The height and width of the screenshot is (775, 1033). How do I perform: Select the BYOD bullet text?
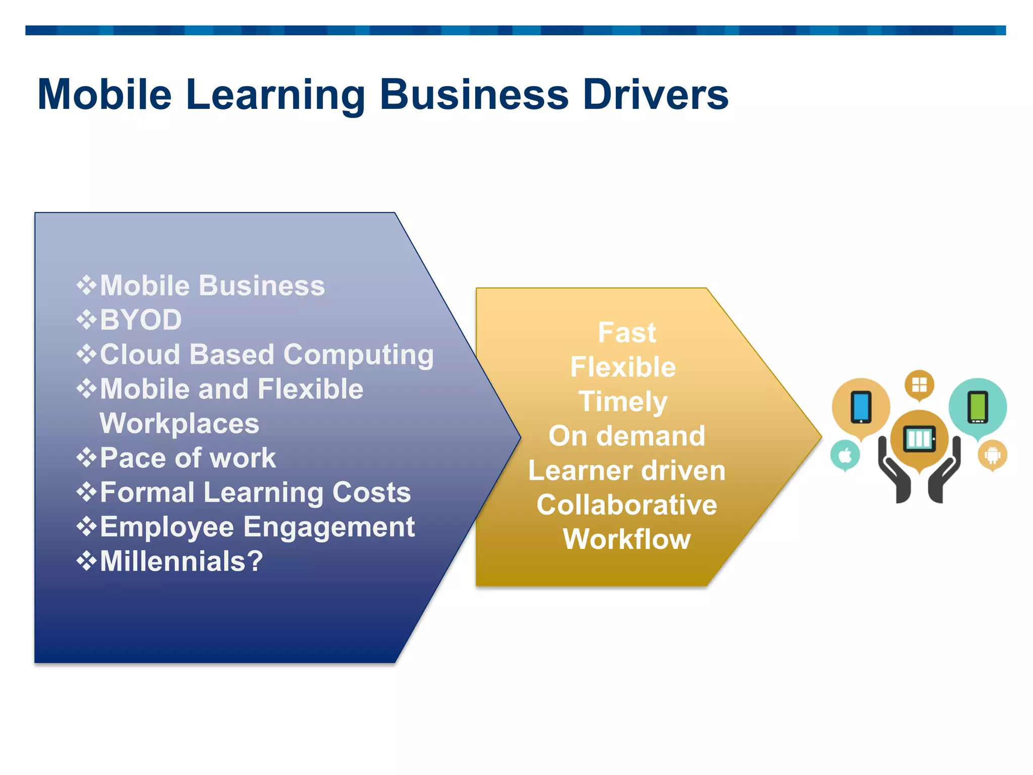[141, 320]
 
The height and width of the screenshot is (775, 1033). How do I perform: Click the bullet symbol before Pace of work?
[86, 458]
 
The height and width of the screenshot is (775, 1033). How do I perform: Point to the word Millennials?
[181, 561]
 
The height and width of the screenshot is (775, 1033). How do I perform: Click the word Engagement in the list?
[329, 527]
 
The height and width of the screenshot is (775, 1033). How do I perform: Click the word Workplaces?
[179, 423]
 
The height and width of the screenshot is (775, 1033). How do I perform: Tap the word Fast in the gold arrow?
[626, 333]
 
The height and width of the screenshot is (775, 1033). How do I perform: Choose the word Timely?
[623, 402]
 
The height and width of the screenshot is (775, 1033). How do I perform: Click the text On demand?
[626, 436]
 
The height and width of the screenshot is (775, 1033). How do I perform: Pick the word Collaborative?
[626, 505]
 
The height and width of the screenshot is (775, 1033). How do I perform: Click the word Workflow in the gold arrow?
[626, 539]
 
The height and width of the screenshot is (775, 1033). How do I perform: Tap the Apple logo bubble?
[845, 455]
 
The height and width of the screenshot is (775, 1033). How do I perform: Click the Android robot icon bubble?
[992, 455]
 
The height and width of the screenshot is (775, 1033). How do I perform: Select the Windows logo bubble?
[919, 385]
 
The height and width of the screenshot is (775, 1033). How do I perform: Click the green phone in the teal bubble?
[978, 407]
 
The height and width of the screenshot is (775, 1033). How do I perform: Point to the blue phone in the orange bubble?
[861, 407]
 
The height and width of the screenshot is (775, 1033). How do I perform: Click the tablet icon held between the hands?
[919, 438]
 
